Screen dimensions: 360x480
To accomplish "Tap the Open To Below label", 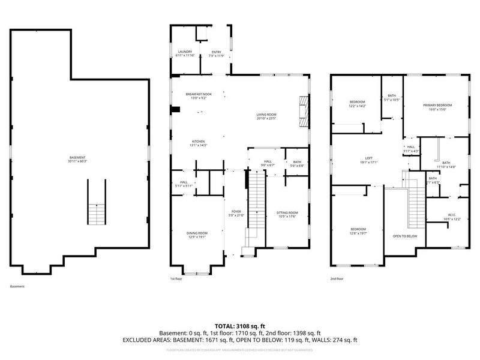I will pos(405,236).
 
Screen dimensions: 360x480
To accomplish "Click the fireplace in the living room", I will pos(305,113).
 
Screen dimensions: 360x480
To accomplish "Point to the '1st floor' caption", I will pos(176,278).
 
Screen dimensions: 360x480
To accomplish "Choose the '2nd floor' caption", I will pos(337,278).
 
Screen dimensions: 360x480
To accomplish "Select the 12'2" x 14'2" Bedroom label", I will pos(357,104).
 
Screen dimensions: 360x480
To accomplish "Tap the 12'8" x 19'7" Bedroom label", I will pos(358,232).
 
